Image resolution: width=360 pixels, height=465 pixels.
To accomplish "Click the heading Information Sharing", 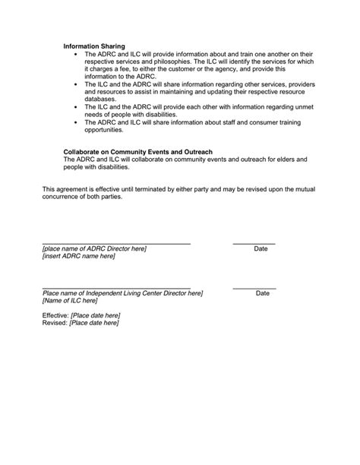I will tap(94, 46).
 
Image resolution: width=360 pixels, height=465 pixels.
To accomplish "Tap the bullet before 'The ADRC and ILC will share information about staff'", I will tap(76, 122).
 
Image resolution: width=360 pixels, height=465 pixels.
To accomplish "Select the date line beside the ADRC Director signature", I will tap(254, 243).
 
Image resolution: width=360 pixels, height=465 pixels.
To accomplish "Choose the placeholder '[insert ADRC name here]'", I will tap(79, 257).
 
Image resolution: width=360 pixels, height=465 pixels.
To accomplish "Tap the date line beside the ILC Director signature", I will tap(254, 288).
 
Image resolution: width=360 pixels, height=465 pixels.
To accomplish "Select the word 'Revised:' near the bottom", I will tap(54, 322).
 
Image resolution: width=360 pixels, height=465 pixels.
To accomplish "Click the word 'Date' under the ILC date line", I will tap(263, 293).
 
